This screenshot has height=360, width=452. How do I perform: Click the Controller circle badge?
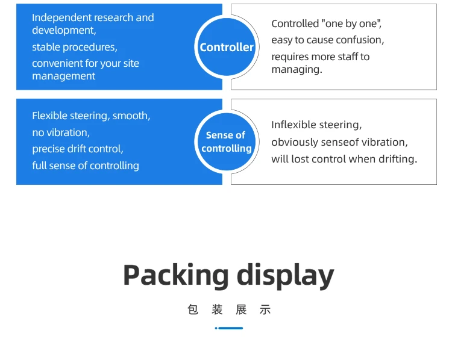point(227,47)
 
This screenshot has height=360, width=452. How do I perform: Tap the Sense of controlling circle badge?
point(227,141)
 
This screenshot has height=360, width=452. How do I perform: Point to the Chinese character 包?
point(193,310)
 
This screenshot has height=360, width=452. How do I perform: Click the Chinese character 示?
point(265,310)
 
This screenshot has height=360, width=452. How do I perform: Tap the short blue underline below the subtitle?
point(229,328)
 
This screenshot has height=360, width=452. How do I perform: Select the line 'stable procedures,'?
point(75,47)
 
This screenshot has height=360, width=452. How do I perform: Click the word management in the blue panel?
point(64,76)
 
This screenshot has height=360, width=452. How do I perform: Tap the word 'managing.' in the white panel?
point(297,69)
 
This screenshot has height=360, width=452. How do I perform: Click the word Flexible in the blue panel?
point(50,116)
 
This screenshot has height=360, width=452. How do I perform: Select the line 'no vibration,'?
point(61,132)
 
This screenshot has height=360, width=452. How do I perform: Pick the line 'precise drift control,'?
point(78,149)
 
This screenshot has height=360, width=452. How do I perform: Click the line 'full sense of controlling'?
point(86,166)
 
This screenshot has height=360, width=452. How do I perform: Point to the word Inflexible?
point(294,125)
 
